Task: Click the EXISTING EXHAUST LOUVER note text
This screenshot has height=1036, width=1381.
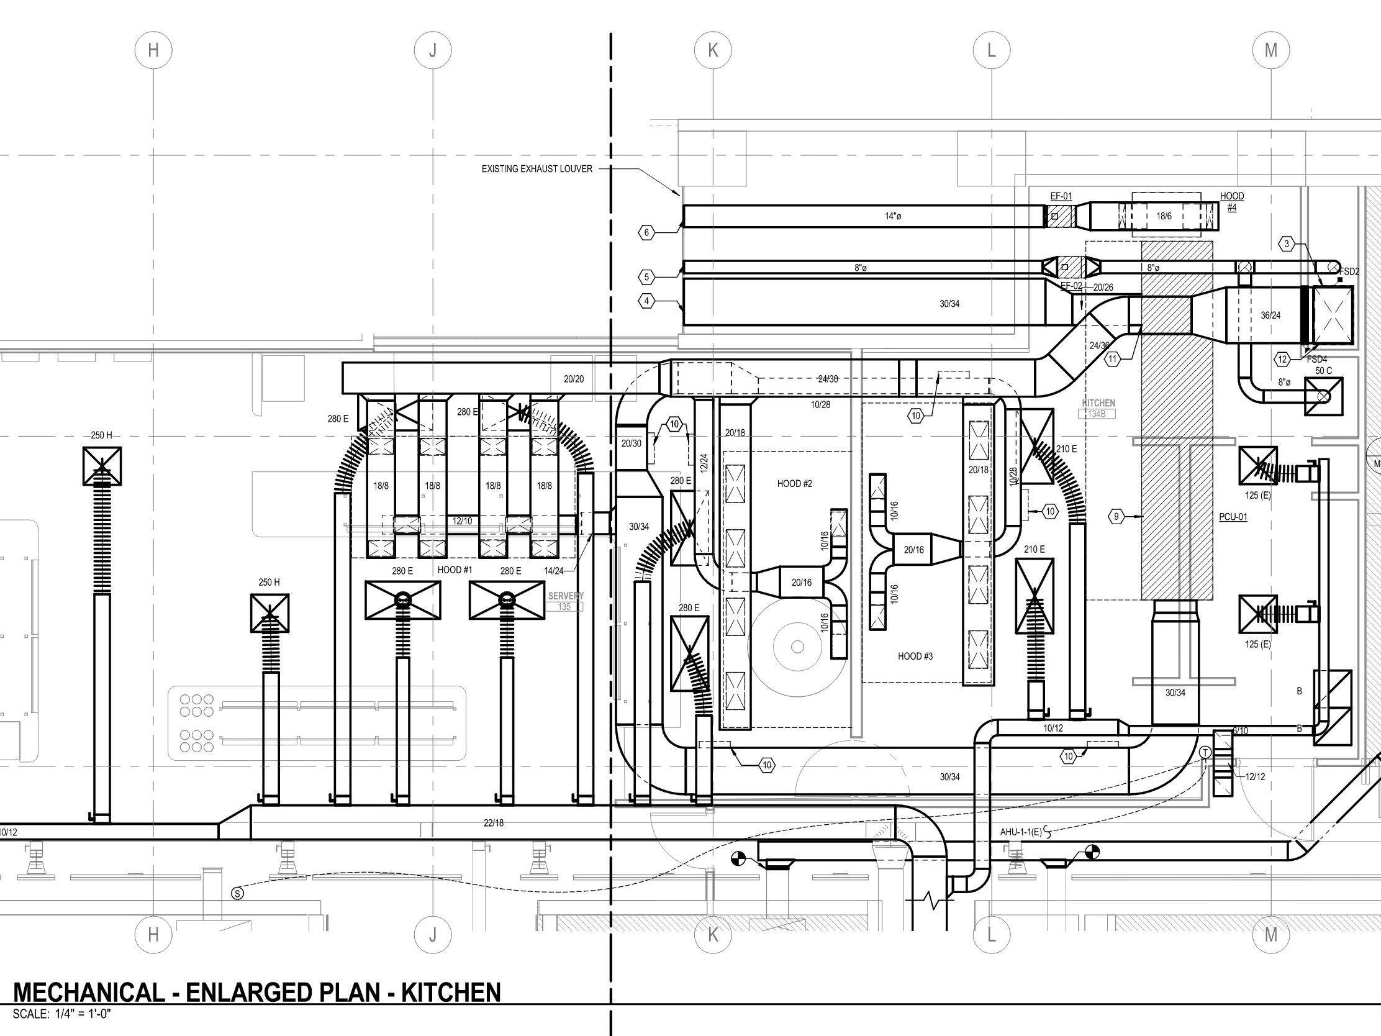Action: tap(537, 169)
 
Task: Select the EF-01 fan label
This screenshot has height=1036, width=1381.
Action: tap(1061, 196)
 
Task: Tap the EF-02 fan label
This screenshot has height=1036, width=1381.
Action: tap(1071, 286)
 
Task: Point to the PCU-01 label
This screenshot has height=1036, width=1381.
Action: tap(1233, 517)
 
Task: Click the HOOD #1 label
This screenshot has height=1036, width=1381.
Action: tap(455, 570)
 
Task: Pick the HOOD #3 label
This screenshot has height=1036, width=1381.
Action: tap(915, 656)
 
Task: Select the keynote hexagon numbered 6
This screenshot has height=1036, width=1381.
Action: tap(647, 233)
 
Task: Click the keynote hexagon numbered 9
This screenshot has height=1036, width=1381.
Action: tap(1116, 516)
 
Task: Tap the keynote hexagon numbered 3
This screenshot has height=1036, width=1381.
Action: tap(1286, 244)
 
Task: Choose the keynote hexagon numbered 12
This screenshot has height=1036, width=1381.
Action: tap(1282, 359)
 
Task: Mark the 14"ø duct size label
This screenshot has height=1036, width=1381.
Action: tap(893, 217)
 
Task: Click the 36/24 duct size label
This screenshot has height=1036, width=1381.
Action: tap(1270, 316)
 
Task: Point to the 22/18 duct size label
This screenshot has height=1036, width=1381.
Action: tap(493, 823)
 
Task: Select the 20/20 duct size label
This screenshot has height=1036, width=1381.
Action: tap(573, 379)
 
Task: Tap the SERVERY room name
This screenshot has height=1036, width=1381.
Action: tap(566, 596)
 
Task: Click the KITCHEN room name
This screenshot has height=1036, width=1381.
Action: tap(1098, 404)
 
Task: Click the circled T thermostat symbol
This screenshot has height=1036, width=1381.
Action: tap(1205, 754)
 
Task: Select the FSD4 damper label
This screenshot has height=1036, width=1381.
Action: tap(1316, 360)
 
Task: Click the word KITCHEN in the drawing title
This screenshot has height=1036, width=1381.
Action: tap(450, 993)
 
